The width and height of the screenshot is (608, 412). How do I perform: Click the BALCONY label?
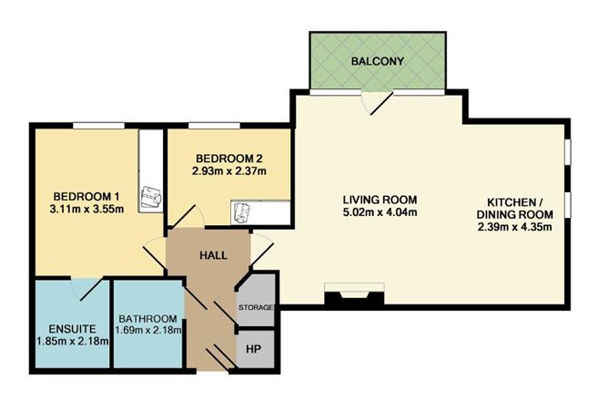click(x=378, y=61)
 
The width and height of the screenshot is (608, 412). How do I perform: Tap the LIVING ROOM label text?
click(x=380, y=200)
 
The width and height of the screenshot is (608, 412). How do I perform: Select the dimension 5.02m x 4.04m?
click(x=380, y=212)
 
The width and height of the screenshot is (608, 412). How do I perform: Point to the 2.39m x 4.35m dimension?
click(x=514, y=227)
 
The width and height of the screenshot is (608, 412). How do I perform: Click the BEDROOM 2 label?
click(x=229, y=159)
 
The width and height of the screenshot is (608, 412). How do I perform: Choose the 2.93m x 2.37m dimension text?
click(x=229, y=170)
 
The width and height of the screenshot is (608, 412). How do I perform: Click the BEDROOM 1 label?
click(x=86, y=196)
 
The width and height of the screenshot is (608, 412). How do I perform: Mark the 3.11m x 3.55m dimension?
click(x=86, y=209)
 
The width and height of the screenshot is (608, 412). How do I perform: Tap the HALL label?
click(x=213, y=255)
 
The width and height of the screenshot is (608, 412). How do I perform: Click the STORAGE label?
click(x=256, y=307)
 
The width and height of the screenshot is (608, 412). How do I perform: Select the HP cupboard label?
click(x=254, y=349)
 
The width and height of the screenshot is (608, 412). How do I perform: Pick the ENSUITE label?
click(x=72, y=329)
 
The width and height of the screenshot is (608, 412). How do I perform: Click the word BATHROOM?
click(x=147, y=319)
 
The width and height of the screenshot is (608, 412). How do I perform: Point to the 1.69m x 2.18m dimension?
click(x=148, y=331)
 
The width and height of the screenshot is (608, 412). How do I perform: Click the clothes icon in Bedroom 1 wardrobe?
click(x=151, y=197)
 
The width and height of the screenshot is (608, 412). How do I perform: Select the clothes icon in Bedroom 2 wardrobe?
click(x=242, y=212)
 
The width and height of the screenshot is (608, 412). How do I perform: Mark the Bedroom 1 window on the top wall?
click(x=99, y=126)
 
